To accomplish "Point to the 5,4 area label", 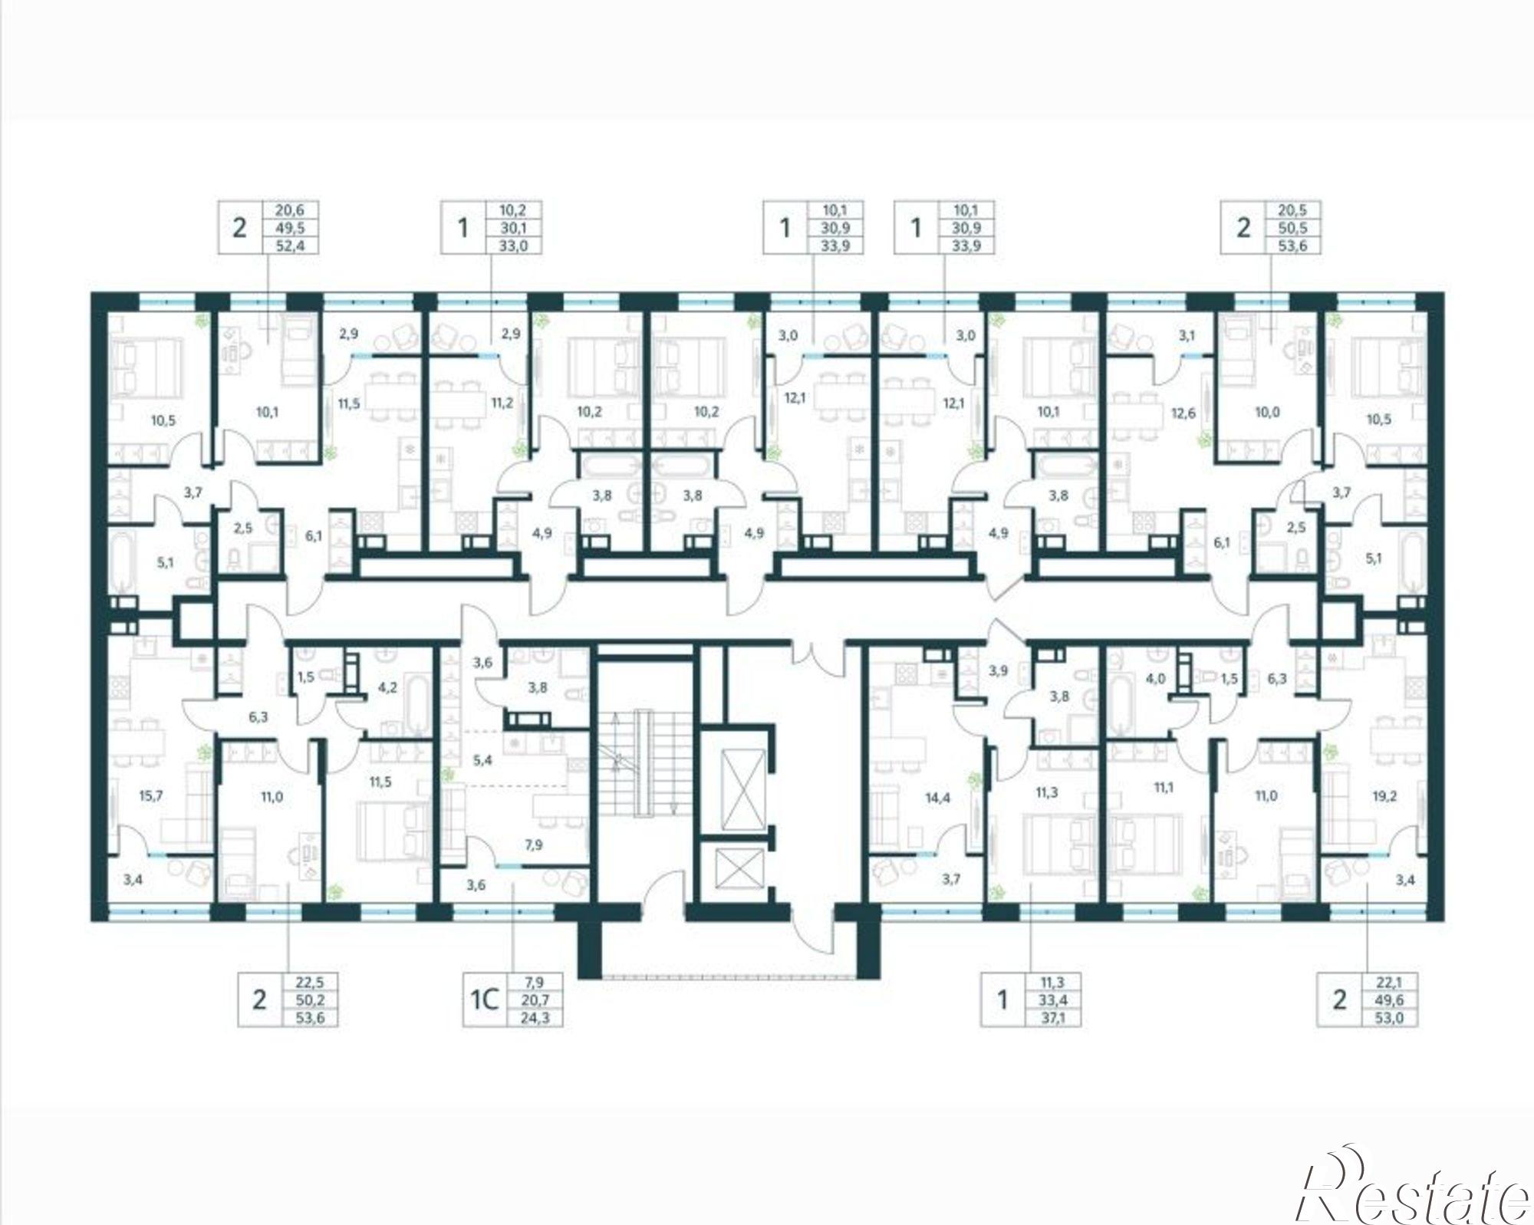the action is point(482,761).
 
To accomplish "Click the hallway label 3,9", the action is point(998,671).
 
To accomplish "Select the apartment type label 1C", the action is point(485,999).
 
